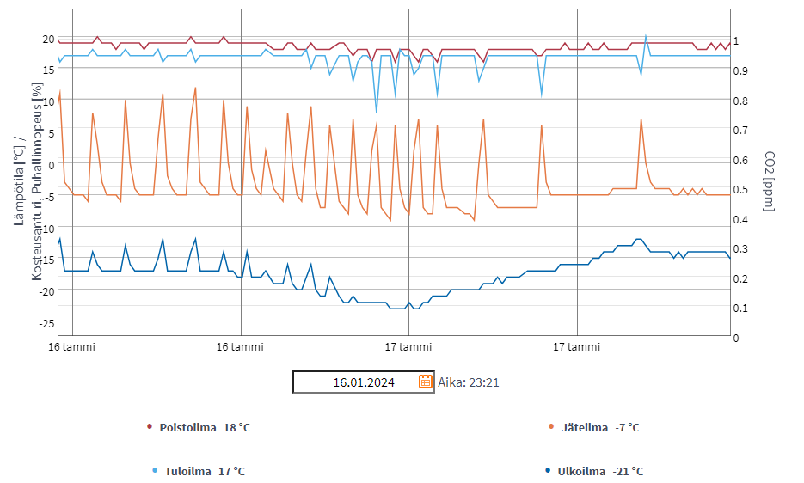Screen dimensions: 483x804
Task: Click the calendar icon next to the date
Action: point(426,382)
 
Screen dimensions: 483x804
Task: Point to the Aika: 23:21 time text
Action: point(469,382)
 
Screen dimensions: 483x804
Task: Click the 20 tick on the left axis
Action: point(48,39)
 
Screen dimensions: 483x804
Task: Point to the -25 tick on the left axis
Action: point(46,322)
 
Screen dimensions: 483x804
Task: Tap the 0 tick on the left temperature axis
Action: point(52,165)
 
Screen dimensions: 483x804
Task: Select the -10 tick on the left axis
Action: point(46,228)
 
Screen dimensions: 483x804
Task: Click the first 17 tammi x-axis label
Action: point(408,347)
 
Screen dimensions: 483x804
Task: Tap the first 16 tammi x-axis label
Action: point(72,347)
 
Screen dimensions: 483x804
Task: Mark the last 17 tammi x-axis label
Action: point(577,347)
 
